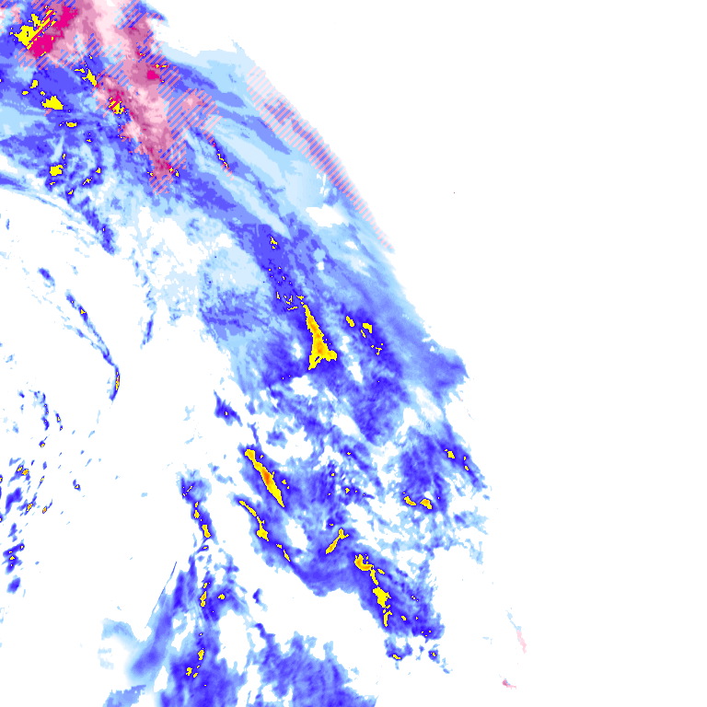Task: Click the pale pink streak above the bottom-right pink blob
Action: [x=518, y=635]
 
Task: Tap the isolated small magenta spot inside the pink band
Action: [x=151, y=74]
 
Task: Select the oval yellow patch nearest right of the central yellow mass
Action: [x=350, y=321]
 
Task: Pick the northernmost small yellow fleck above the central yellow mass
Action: [x=273, y=243]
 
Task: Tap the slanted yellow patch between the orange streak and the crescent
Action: [x=335, y=541]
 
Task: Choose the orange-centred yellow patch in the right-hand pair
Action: [x=424, y=503]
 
